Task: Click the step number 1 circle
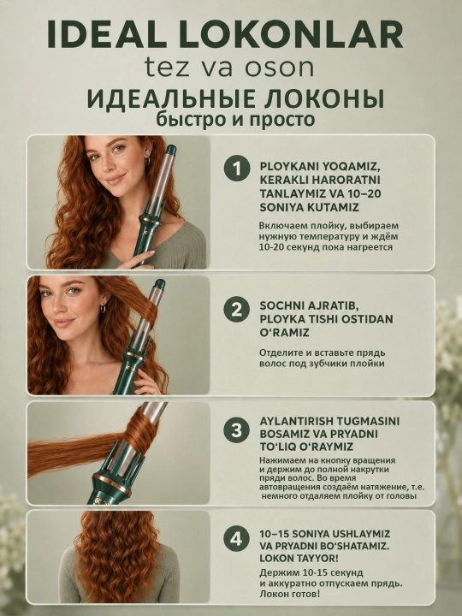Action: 237,169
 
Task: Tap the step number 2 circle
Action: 236,309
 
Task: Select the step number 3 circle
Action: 236,430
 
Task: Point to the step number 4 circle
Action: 236,539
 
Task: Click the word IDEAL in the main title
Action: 107,34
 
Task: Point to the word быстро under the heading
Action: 191,120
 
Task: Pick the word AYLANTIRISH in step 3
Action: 301,421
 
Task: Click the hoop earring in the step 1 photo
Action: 147,161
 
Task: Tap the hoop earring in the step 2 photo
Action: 103,308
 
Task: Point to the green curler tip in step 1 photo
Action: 171,150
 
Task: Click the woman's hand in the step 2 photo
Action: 146,380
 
